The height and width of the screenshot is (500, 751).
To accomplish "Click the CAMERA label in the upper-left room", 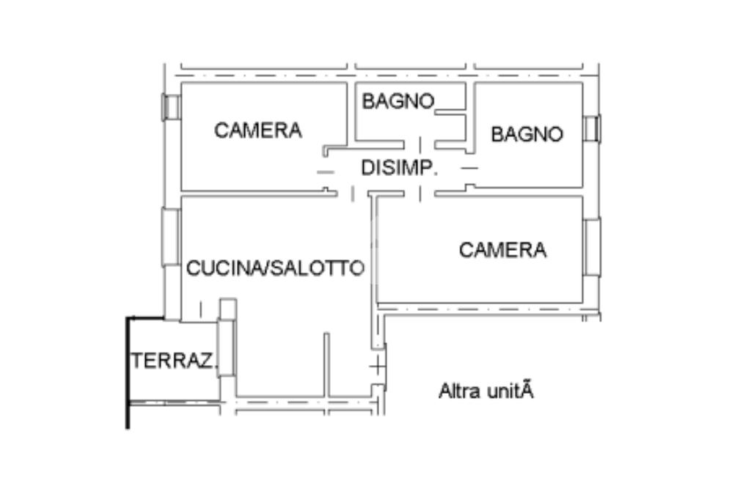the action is [258, 130].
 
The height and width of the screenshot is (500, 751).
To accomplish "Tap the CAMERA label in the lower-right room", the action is [503, 250].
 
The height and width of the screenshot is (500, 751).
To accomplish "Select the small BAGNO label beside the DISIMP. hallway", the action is [398, 101].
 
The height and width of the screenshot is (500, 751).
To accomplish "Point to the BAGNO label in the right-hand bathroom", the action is [527, 134].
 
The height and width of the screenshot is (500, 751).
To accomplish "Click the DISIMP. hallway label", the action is [399, 168].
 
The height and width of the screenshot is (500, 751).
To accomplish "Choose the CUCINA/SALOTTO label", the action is [276, 268].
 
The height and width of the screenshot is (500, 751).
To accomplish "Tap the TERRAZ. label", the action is [173, 361].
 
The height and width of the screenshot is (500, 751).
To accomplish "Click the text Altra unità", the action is [486, 391].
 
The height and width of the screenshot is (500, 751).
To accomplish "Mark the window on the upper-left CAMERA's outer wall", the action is [170, 107].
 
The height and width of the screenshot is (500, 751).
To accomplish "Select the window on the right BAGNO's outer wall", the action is [593, 128].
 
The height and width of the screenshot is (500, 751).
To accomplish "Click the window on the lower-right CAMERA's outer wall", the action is [593, 247].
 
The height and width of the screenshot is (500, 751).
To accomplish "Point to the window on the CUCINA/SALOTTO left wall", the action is [170, 237].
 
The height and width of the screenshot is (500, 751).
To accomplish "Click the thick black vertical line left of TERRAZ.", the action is [128, 372].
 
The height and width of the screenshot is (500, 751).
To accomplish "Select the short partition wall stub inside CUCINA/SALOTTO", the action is [326, 365].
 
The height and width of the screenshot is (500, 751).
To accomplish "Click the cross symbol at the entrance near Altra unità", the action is [378, 367].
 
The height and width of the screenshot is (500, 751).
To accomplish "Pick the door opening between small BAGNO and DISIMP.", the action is [420, 144].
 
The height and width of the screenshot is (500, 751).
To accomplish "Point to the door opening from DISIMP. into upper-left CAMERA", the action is [326, 172].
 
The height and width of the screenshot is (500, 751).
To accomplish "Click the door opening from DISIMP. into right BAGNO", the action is [469, 169].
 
